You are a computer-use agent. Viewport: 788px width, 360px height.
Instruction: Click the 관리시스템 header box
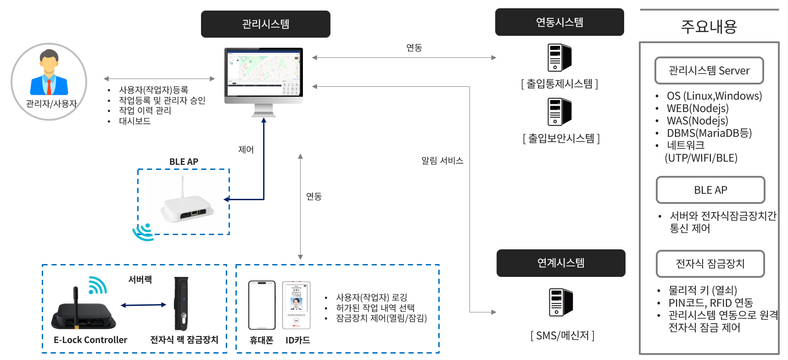click(x=265, y=24)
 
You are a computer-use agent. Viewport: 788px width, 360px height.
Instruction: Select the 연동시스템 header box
click(x=559, y=22)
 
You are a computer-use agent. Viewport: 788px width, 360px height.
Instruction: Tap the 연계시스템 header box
click(x=560, y=263)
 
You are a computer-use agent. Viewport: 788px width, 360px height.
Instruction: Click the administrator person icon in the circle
click(x=49, y=73)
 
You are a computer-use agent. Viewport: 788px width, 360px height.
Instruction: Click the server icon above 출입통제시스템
click(x=559, y=58)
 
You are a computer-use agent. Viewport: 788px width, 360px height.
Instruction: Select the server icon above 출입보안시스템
click(x=559, y=112)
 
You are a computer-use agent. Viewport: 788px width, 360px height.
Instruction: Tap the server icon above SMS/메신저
click(x=560, y=302)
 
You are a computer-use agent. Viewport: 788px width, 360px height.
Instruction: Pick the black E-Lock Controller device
click(x=83, y=315)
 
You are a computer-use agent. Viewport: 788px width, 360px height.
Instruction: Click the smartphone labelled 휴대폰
click(x=262, y=305)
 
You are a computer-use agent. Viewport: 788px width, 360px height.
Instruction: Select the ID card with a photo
click(x=296, y=305)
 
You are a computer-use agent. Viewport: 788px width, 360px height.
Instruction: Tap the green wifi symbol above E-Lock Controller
click(x=97, y=285)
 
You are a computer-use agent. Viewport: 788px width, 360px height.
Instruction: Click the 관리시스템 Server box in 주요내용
click(x=709, y=71)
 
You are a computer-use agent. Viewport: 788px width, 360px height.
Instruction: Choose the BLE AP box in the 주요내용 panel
click(x=710, y=190)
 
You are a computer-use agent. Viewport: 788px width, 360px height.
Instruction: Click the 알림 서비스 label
click(x=442, y=161)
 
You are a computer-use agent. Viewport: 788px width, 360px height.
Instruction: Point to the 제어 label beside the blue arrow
click(x=246, y=150)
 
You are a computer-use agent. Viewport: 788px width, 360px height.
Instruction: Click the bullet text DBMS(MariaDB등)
click(x=709, y=133)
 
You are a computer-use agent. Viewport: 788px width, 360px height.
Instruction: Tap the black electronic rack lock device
click(x=181, y=303)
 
